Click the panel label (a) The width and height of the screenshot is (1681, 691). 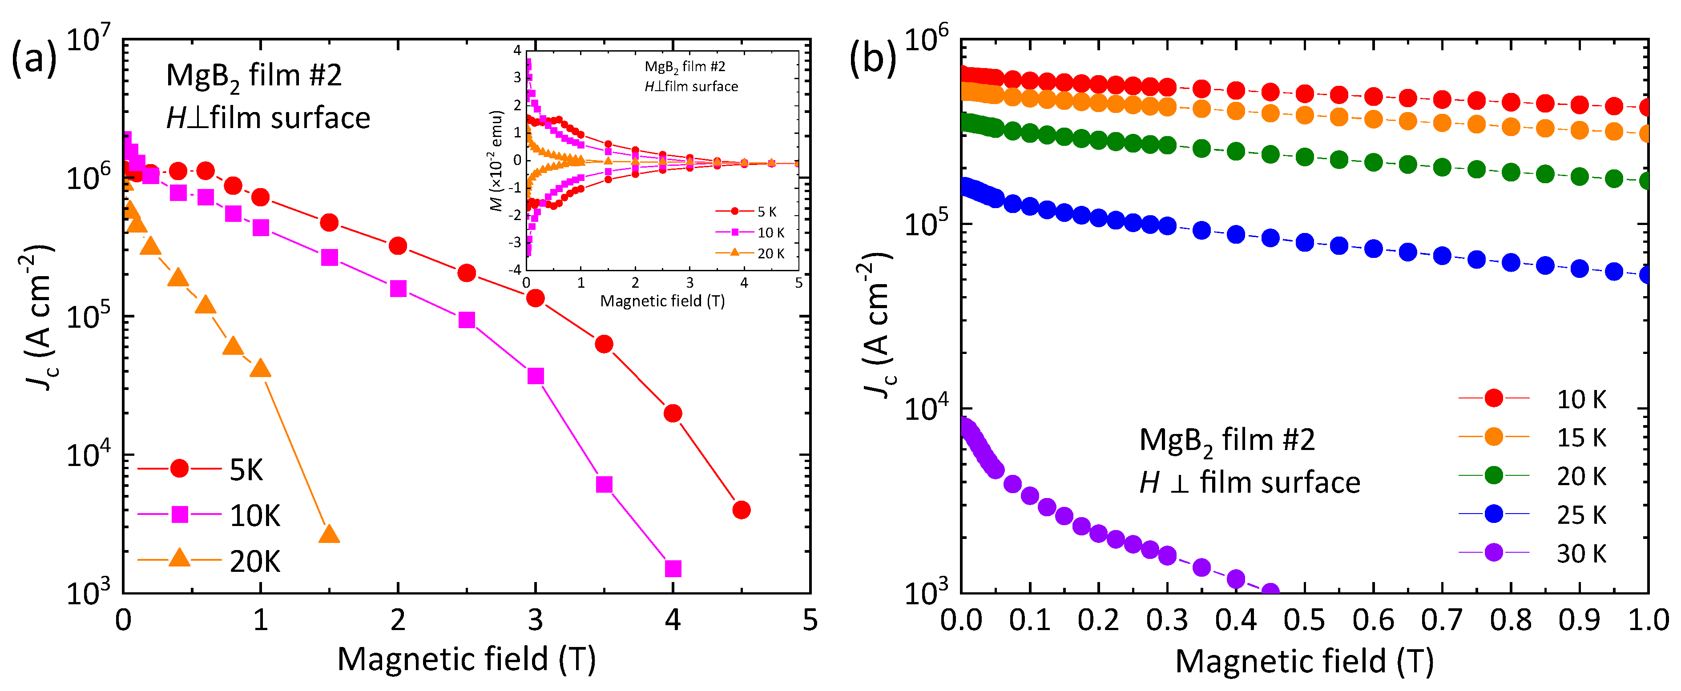click(x=34, y=59)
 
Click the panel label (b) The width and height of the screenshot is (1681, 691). click(x=872, y=59)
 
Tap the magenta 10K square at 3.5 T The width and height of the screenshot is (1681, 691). click(x=604, y=485)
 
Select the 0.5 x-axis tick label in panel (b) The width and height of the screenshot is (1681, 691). click(x=1304, y=620)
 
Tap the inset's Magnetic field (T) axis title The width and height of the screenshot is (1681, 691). click(x=662, y=301)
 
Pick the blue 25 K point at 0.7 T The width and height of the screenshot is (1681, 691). click(x=1442, y=256)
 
